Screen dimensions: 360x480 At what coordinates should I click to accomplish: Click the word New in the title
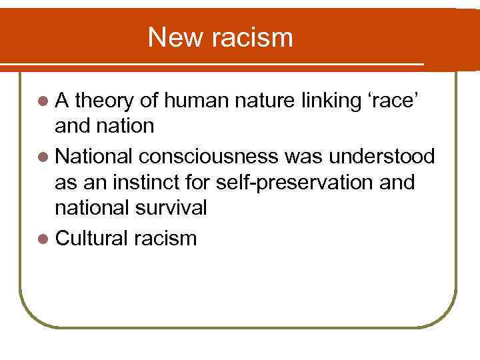pyautogui.click(x=175, y=37)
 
